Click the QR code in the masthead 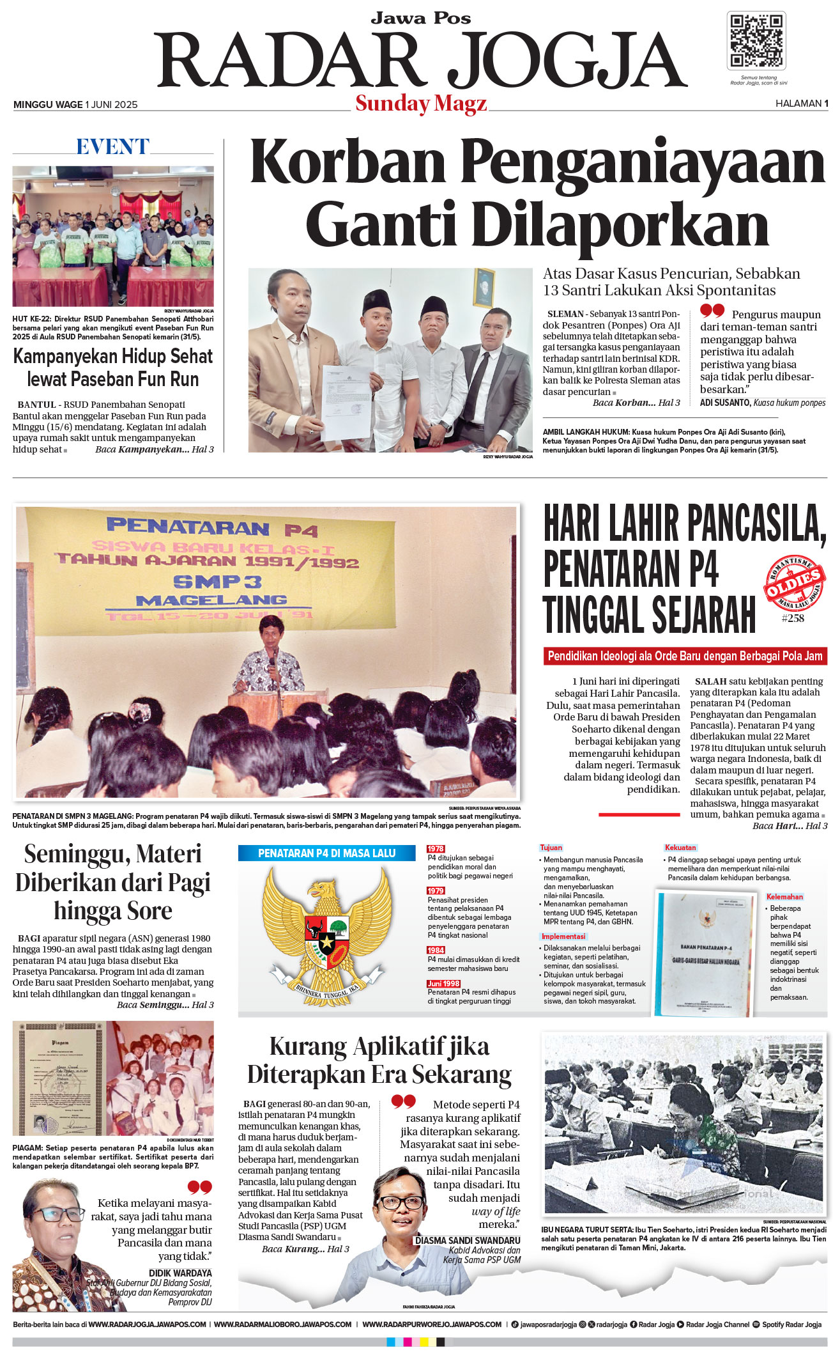pos(756,40)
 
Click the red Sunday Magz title pos(421,104)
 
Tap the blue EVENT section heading pos(112,147)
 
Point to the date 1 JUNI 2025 pos(111,105)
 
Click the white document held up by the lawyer pos(346,401)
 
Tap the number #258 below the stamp pos(793,618)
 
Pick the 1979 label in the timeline pos(436,890)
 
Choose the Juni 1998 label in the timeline pos(443,983)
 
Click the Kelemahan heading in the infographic pos(784,897)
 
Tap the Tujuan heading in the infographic pos(551,848)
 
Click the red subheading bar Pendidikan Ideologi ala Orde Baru pos(685,656)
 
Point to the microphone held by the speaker pos(271,658)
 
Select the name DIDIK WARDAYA pos(180,1273)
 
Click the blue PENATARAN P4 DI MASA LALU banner pos(326,853)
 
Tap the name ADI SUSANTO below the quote pos(725,403)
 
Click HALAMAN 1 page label pos(801,104)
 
